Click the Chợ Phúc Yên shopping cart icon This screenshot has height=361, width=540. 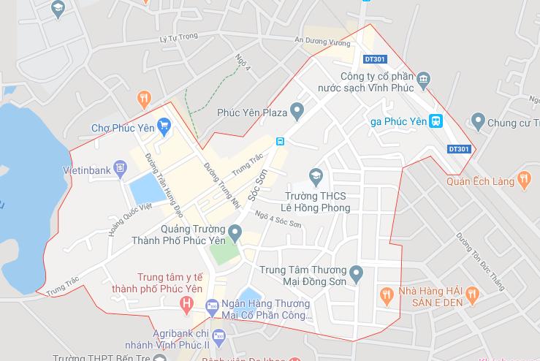click(164, 128)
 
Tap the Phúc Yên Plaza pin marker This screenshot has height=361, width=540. click(297, 113)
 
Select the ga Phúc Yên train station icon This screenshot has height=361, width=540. click(436, 121)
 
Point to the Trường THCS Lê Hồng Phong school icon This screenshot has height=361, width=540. click(316, 175)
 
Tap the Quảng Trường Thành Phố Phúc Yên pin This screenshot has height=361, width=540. click(235, 233)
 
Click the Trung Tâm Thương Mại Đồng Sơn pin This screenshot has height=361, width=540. click(356, 275)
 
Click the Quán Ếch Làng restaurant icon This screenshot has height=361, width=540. click(523, 179)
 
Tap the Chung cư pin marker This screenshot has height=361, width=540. click(479, 121)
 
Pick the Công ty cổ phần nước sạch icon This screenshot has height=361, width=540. click(422, 79)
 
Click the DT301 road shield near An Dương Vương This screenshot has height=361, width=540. click(374, 58)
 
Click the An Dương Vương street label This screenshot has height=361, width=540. click(319, 41)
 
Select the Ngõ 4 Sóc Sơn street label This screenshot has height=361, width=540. click(278, 219)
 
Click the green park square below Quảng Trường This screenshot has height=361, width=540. click(224, 253)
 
